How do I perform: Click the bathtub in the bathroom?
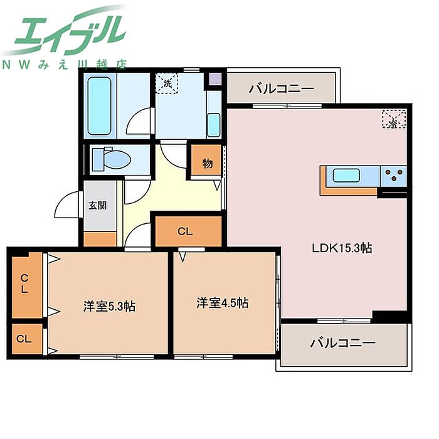(99, 106)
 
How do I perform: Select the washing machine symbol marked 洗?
(167, 83)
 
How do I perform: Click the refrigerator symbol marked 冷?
(394, 119)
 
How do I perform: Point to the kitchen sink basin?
(346, 176)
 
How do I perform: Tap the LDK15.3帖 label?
(342, 248)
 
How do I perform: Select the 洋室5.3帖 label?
(109, 306)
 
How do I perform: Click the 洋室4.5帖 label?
(222, 303)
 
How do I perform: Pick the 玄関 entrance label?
(97, 206)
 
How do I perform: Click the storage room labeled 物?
(206, 161)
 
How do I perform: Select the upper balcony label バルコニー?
(281, 89)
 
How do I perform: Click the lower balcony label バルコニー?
(342, 343)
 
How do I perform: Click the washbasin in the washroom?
(214, 125)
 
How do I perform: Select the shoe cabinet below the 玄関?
(100, 239)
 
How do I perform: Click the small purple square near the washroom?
(216, 79)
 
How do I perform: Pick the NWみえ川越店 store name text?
(65, 65)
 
